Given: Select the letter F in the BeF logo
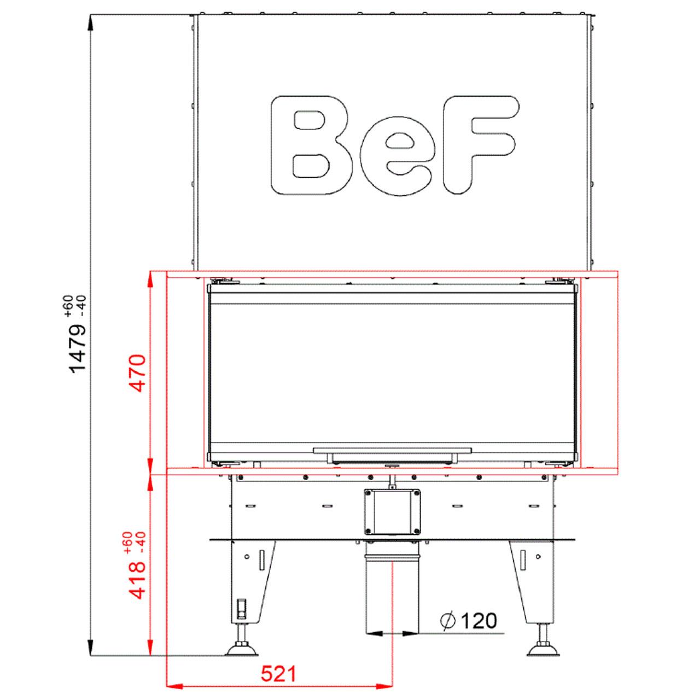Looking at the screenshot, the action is [480, 144].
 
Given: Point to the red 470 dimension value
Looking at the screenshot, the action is [139, 373].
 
